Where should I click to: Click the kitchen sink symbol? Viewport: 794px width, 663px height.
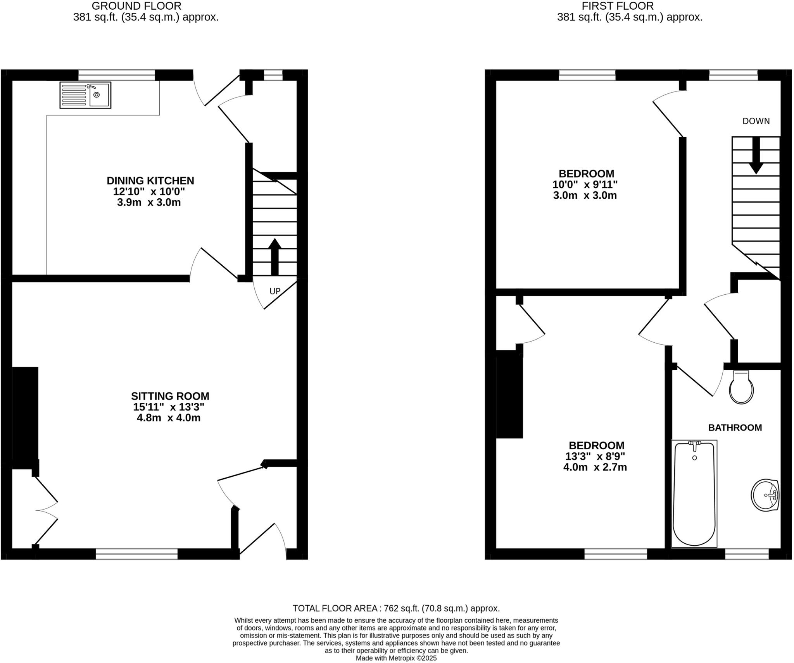pyautogui.click(x=85, y=95)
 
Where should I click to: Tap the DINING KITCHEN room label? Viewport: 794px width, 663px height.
pyautogui.click(x=150, y=180)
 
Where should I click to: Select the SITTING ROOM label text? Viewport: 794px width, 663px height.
pyautogui.click(x=170, y=396)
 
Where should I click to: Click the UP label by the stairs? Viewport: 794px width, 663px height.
pyautogui.click(x=274, y=291)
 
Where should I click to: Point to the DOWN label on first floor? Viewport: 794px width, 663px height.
pyautogui.click(x=756, y=121)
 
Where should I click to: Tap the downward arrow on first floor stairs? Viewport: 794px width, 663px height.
pyautogui.click(x=756, y=155)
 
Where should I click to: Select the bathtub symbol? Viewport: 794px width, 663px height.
pyautogui.click(x=694, y=493)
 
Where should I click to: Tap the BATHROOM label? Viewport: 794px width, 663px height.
pyautogui.click(x=735, y=428)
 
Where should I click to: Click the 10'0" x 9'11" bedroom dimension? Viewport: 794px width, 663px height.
pyautogui.click(x=585, y=184)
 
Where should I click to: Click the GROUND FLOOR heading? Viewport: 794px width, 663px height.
pyautogui.click(x=136, y=6)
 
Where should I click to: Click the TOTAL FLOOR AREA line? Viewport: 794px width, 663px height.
pyautogui.click(x=396, y=608)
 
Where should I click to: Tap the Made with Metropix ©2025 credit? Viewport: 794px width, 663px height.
pyautogui.click(x=396, y=658)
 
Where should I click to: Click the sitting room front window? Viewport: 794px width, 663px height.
pyautogui.click(x=136, y=554)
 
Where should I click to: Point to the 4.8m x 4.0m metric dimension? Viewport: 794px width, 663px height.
pyautogui.click(x=168, y=418)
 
